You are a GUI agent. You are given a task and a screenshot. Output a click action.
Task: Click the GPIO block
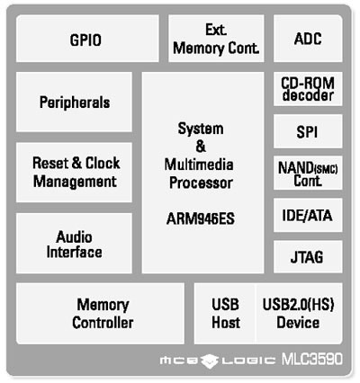pos(87,39)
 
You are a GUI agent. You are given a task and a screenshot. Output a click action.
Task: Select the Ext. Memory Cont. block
pos(216,39)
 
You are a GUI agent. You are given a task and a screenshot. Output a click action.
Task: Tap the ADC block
pos(308,39)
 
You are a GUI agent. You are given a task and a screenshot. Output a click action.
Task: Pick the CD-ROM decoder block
pos(308,89)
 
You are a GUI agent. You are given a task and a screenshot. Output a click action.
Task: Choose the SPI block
pos(308,131)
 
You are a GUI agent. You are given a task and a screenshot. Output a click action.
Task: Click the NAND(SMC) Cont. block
pos(308,173)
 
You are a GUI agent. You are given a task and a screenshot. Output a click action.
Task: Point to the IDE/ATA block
pos(308,215)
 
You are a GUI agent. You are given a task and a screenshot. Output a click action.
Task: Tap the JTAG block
pos(308,257)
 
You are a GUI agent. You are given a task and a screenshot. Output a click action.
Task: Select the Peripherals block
pos(74,102)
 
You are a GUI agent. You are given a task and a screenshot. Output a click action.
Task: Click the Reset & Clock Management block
pos(74,173)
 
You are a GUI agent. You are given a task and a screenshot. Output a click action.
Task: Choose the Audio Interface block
pos(74,244)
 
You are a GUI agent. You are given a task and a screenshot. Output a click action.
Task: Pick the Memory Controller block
pos(100,314)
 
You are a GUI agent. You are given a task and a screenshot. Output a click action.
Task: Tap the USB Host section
pos(225,314)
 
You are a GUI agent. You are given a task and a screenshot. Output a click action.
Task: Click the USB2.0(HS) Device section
pos(299,314)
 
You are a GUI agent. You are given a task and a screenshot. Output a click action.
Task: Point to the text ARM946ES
pos(201,218)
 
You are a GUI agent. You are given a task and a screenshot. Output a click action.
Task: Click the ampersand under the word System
pos(201,147)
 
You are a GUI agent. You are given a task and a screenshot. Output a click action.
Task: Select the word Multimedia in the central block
pos(199,165)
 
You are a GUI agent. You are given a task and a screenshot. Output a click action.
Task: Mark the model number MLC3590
pos(311,359)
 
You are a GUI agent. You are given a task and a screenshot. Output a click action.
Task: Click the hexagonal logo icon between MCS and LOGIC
pos(210,361)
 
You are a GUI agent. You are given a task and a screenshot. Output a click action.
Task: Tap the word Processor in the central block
pos(201,183)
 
